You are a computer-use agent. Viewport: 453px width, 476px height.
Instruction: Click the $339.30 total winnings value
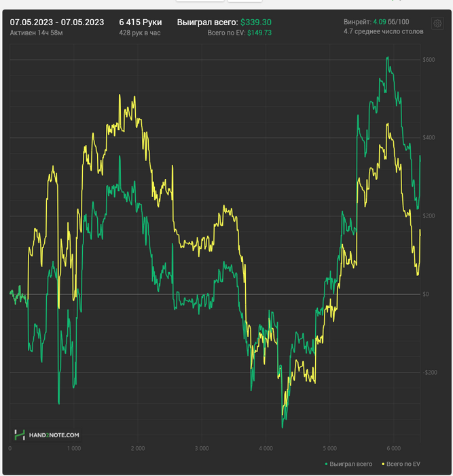coord(256,22)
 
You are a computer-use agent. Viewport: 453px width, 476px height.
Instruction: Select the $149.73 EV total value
coord(259,33)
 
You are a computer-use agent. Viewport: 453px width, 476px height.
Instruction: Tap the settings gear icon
coord(437,24)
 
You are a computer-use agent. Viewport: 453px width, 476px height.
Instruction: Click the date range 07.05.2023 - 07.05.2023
coord(57,22)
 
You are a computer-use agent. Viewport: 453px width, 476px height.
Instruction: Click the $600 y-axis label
coord(429,60)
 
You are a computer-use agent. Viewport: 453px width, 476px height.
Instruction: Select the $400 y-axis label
coord(429,138)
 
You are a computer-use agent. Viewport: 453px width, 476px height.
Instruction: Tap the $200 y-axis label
coord(429,216)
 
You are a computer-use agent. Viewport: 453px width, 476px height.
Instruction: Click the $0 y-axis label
coord(426,294)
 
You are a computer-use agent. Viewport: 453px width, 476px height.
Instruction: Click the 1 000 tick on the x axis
coord(74,449)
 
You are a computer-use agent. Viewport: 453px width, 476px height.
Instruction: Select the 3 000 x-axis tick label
coord(202,449)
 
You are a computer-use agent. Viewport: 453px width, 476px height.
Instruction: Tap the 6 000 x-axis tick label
coord(394,449)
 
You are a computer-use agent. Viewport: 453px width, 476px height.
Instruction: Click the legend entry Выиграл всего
coord(349,464)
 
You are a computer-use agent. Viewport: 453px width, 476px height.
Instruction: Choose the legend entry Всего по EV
coord(403,464)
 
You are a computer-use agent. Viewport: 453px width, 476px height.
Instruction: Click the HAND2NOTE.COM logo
coord(48,435)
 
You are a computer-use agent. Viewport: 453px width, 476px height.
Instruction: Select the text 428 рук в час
coord(140,33)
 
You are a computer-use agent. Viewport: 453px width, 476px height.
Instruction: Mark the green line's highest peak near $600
coord(387,58)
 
